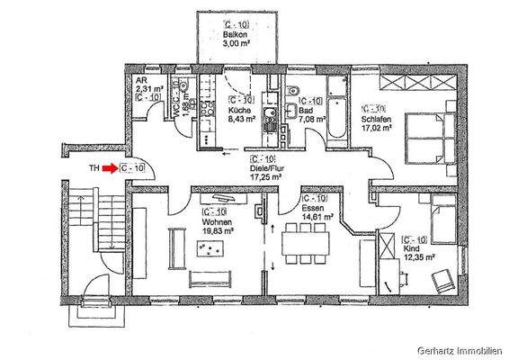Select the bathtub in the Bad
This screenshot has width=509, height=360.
(335, 108)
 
